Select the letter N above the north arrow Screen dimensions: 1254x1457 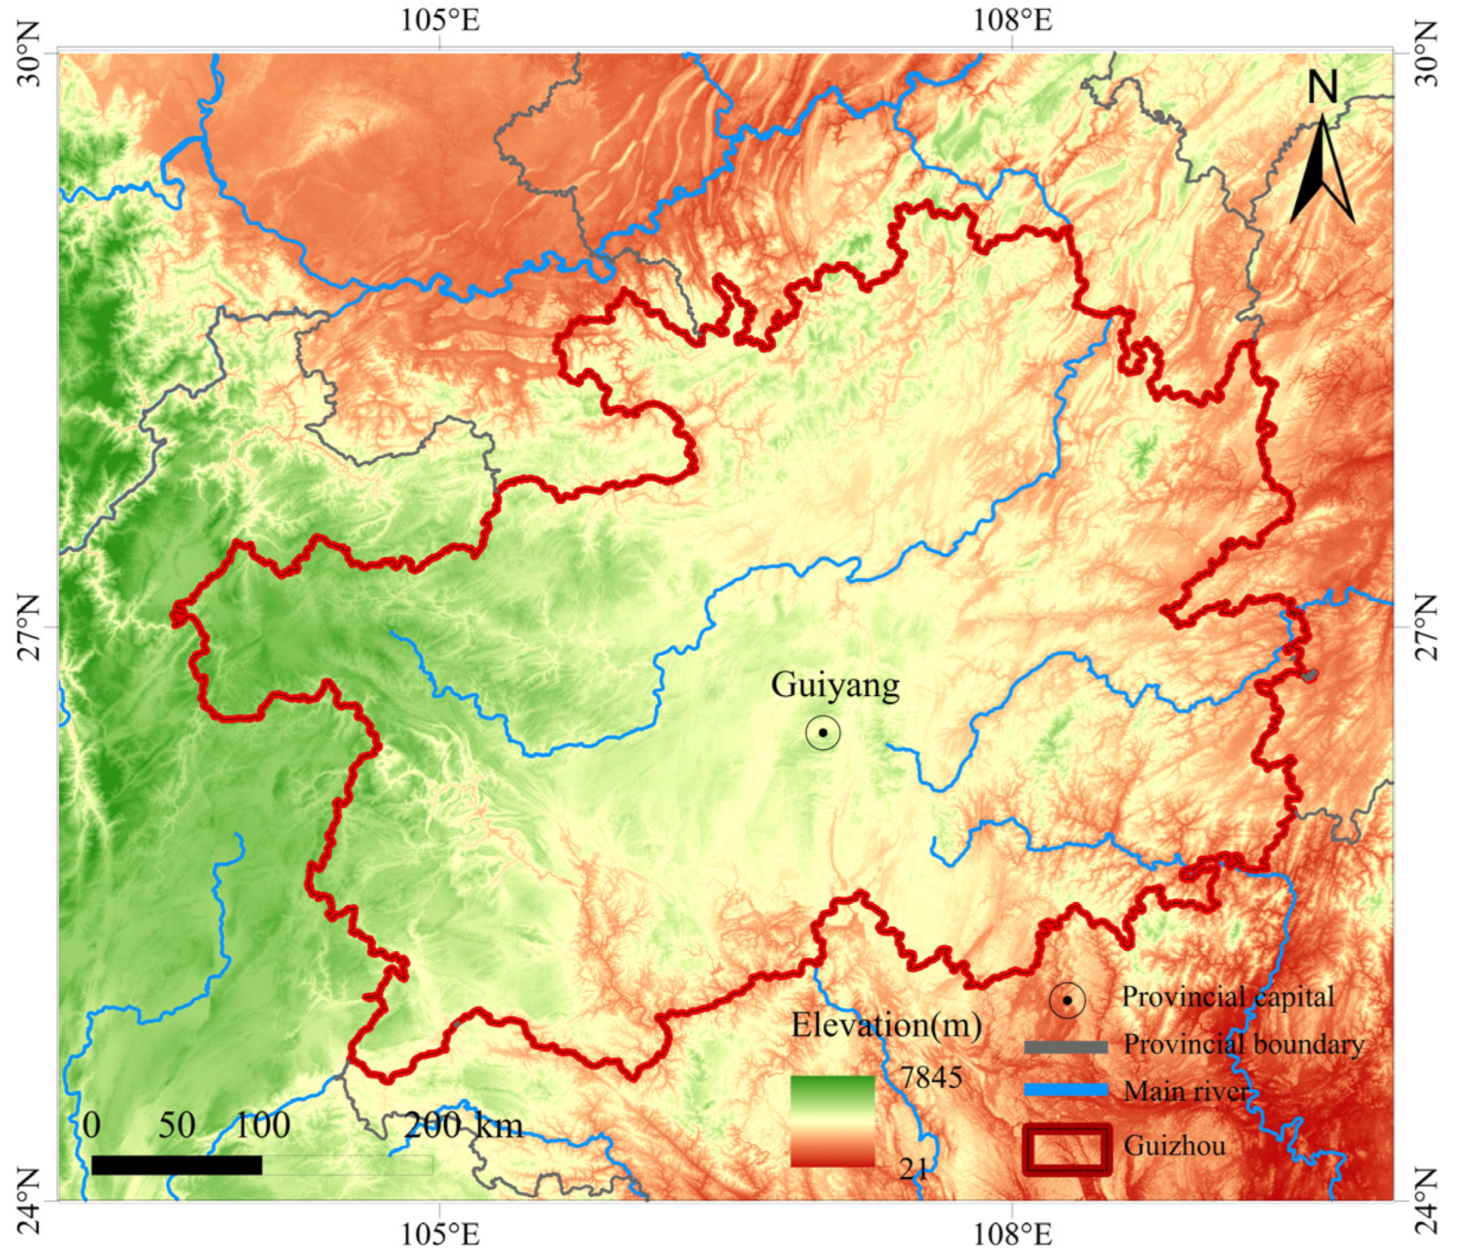click(1323, 88)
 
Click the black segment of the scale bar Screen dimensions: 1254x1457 click(177, 1166)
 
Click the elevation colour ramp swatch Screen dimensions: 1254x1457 click(833, 1121)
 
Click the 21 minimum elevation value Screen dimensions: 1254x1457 click(914, 1168)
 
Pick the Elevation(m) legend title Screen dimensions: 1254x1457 click(886, 1025)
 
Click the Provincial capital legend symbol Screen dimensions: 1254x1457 click(1067, 1000)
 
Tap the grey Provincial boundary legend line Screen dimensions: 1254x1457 click(1066, 1047)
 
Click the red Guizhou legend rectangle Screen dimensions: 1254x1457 click(1067, 1149)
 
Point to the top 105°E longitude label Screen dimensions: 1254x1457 click(440, 20)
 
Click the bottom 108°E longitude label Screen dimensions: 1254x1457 click(1013, 1234)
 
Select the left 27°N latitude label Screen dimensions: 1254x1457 click(30, 628)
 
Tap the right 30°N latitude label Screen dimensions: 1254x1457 click(1427, 53)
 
